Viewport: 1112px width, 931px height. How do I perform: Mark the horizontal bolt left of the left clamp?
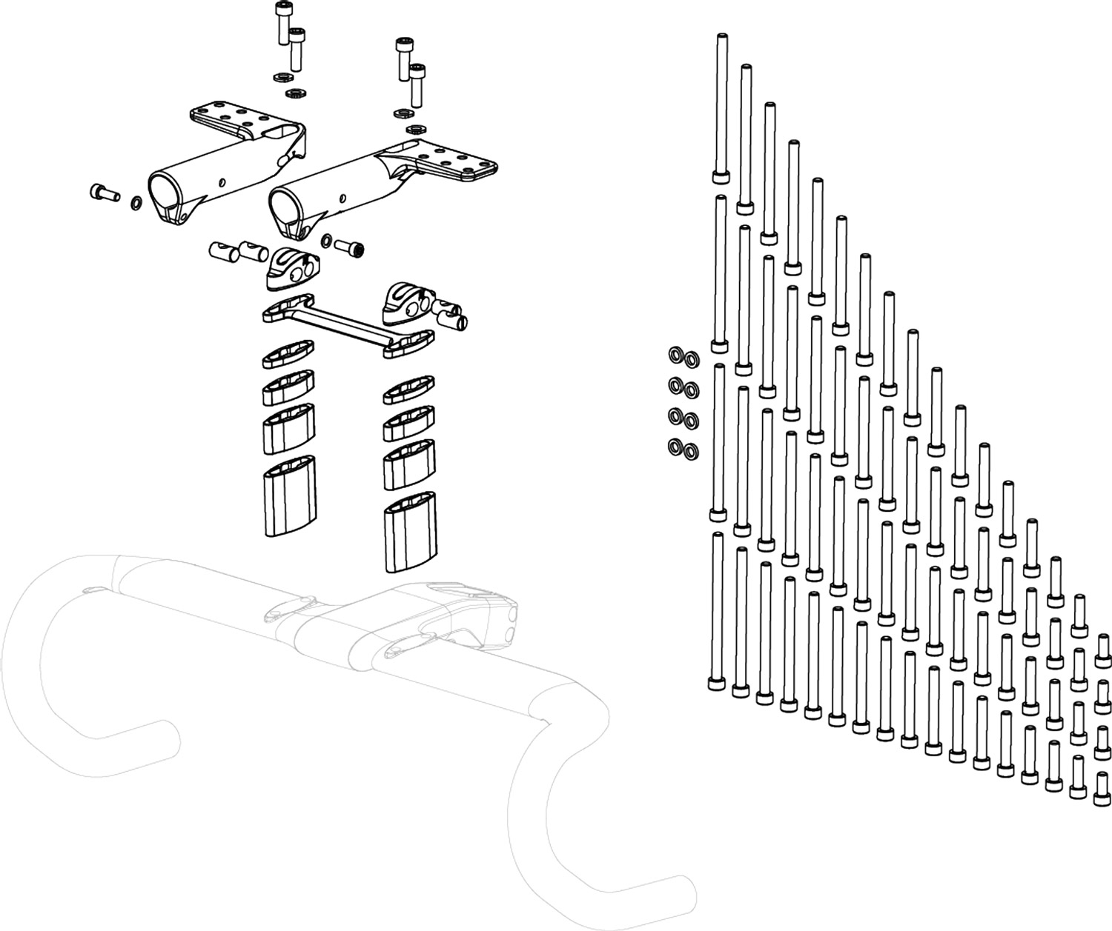pyautogui.click(x=105, y=193)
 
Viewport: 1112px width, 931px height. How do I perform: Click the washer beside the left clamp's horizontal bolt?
pyautogui.click(x=137, y=202)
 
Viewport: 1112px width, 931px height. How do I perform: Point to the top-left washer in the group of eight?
pyautogui.click(x=676, y=354)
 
